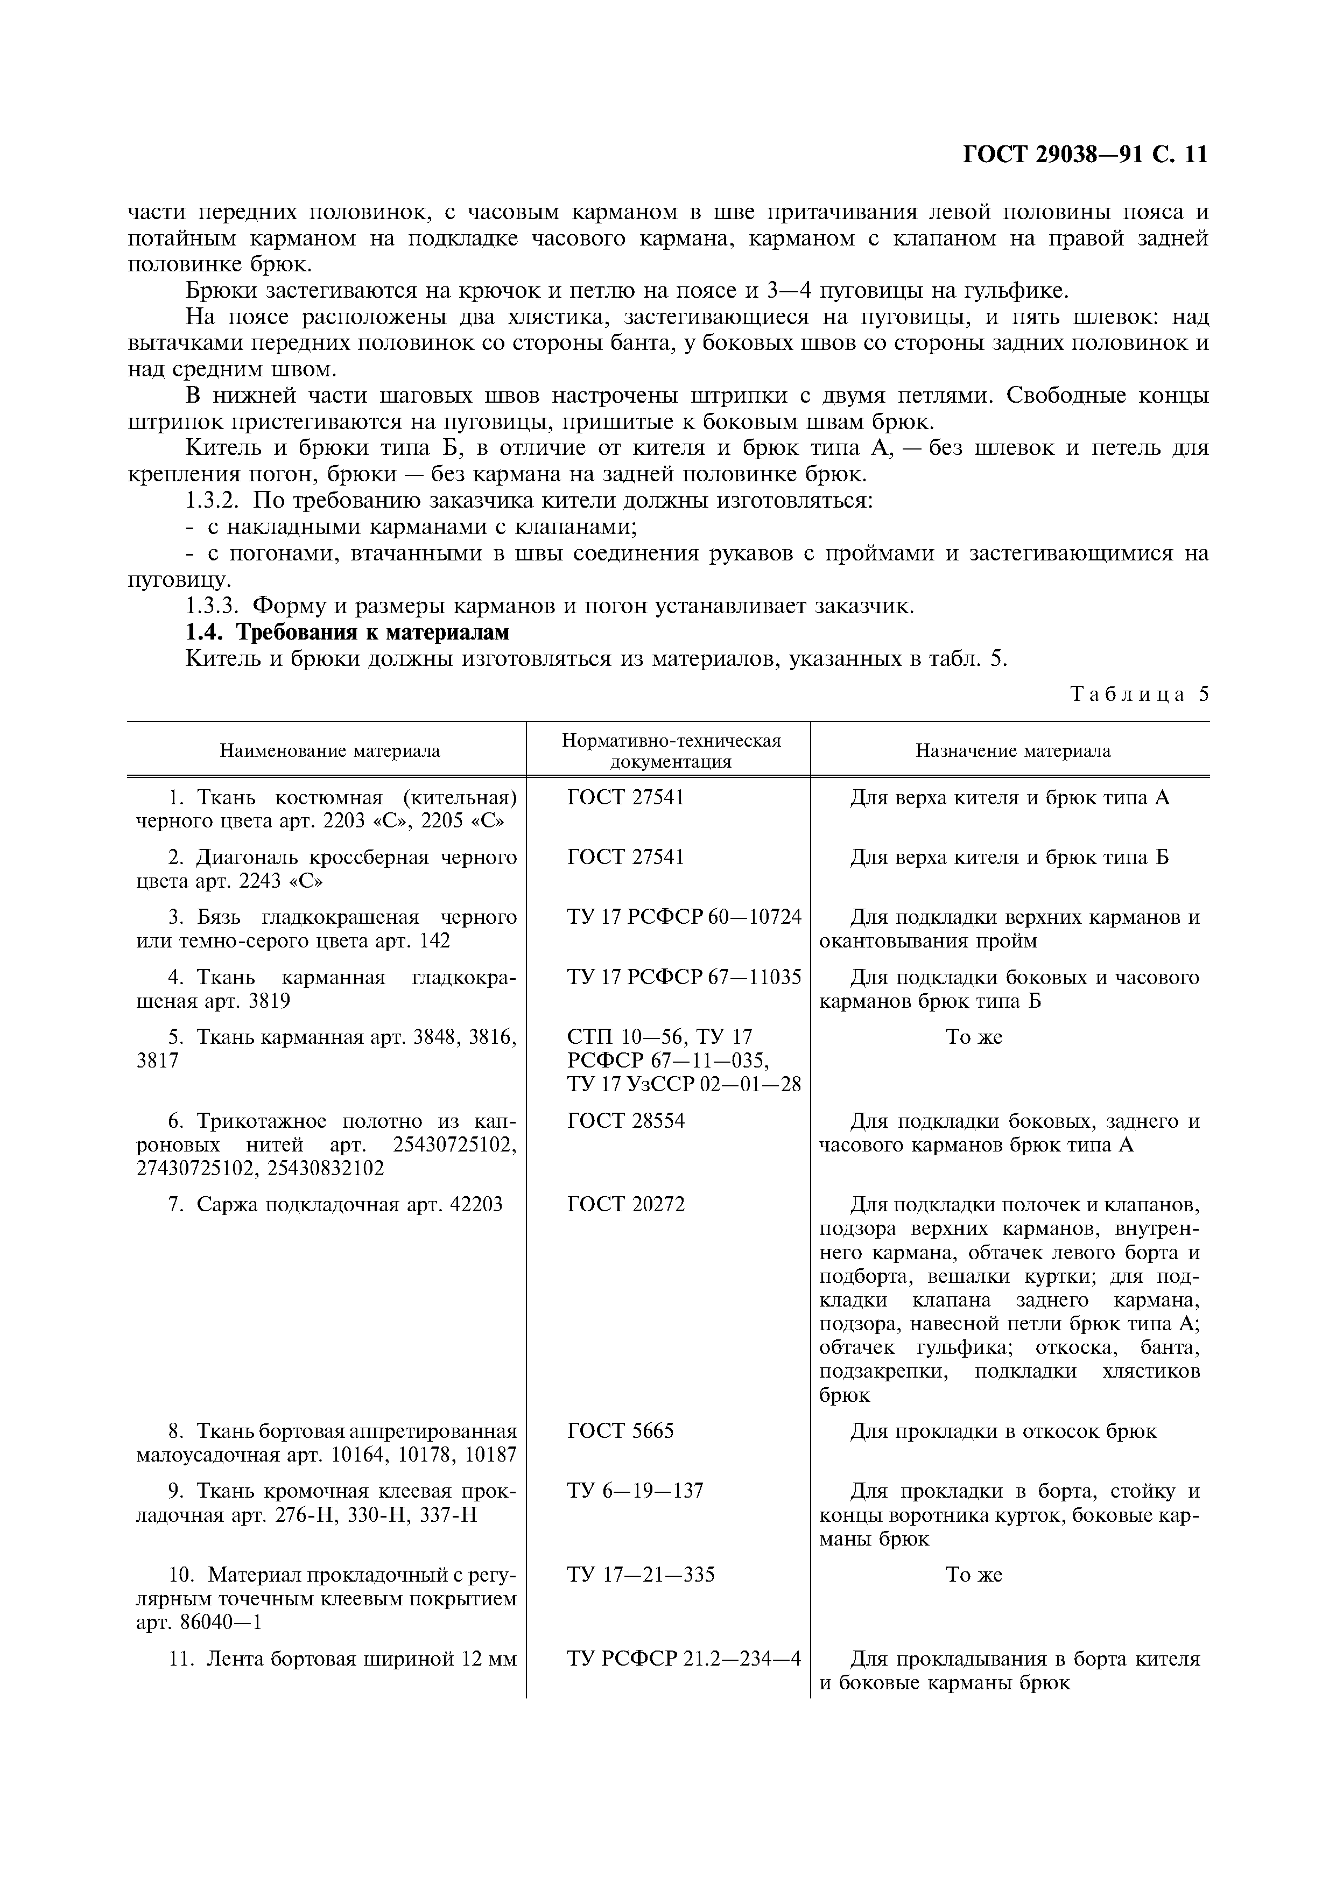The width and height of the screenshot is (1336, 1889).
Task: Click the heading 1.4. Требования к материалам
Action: click(x=347, y=632)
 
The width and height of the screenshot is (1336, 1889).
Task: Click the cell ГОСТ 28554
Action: click(x=625, y=1121)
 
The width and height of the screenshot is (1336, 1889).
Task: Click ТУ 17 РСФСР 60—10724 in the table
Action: click(x=684, y=917)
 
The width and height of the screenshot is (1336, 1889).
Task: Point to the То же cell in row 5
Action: click(x=974, y=1037)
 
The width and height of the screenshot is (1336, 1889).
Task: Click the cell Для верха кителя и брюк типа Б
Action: click(x=1009, y=857)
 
